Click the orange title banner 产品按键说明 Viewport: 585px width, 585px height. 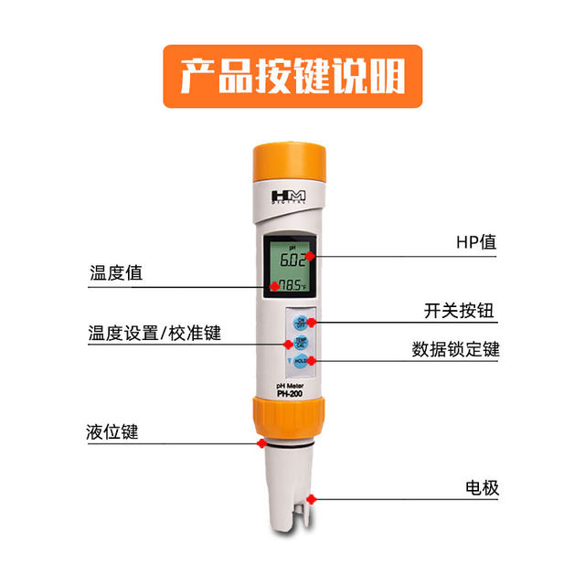(x=292, y=77)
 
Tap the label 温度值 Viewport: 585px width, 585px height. (x=116, y=273)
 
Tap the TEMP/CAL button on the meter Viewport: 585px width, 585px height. (x=301, y=343)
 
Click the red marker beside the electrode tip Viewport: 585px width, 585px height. (x=312, y=499)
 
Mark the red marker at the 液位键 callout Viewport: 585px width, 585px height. (x=261, y=443)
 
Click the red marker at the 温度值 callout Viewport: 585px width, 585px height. (x=273, y=285)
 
